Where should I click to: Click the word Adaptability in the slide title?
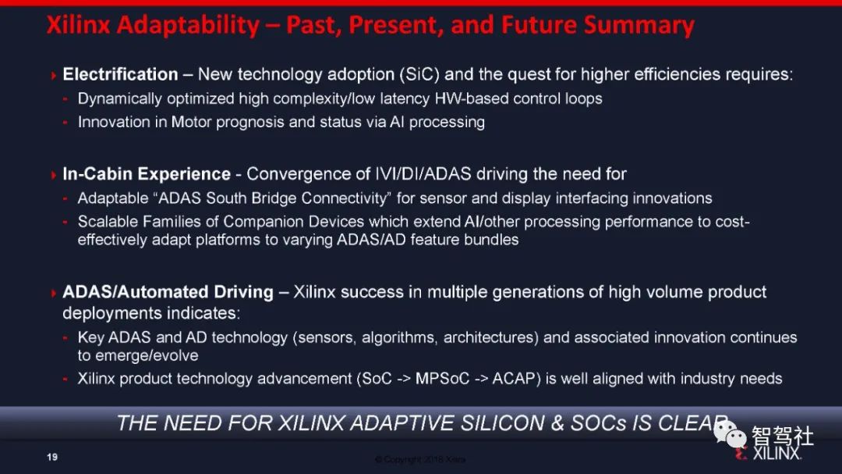pos(188,25)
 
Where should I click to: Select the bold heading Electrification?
pos(120,74)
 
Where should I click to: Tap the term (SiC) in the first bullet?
pos(419,74)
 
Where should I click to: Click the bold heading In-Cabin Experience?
pos(147,174)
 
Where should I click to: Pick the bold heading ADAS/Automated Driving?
pos(168,292)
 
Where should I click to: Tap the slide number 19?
pos(52,458)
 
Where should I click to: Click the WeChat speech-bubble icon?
pos(730,434)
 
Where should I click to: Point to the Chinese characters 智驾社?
pos(783,437)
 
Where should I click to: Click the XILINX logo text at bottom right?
pos(777,454)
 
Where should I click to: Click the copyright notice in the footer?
pos(420,459)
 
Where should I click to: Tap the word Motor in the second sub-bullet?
pos(191,122)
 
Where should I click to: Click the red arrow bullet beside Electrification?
pos(53,75)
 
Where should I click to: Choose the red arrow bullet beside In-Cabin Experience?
pos(53,175)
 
